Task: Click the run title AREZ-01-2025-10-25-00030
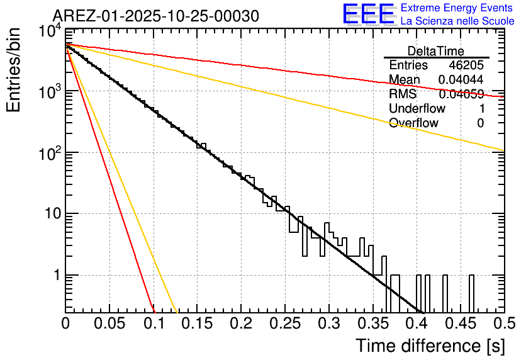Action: [155, 16]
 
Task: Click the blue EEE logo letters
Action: [368, 14]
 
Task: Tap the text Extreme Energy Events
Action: [457, 8]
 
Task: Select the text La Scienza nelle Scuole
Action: [457, 21]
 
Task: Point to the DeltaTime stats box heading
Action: [436, 51]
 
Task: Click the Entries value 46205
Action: [466, 65]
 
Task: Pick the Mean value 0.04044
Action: [461, 80]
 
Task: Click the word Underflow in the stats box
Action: [417, 108]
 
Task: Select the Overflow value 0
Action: [480, 123]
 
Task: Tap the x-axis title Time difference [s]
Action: [429, 346]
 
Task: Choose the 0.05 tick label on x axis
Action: [109, 323]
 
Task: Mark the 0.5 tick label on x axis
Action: [503, 323]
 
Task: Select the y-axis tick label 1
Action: [55, 275]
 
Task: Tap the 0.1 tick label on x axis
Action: [154, 323]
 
